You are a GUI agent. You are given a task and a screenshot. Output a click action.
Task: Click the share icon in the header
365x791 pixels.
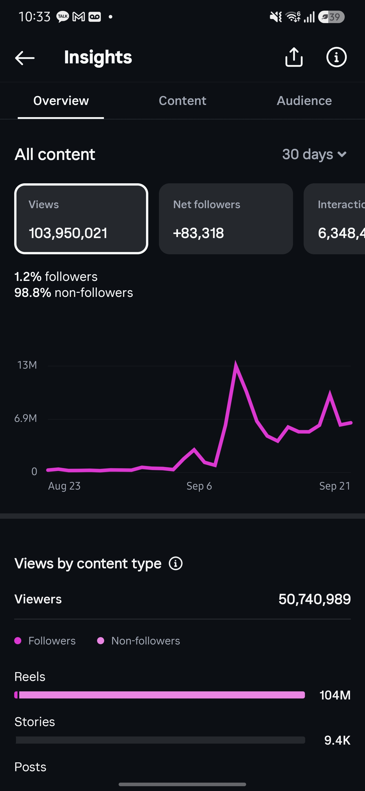pyautogui.click(x=294, y=57)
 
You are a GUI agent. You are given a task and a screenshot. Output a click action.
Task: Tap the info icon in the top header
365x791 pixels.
pyautogui.click(x=336, y=57)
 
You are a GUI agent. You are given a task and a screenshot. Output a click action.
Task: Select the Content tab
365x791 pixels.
pyautogui.click(x=182, y=101)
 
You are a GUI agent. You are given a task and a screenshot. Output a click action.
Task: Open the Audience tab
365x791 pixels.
pyautogui.click(x=304, y=101)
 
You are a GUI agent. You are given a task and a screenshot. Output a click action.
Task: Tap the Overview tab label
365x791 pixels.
pyautogui.click(x=61, y=101)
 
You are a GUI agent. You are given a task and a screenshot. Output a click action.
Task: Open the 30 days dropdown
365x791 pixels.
pyautogui.click(x=314, y=154)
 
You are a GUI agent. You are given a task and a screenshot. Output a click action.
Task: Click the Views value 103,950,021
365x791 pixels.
pyautogui.click(x=68, y=233)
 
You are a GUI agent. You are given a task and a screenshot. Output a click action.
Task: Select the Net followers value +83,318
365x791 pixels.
pyautogui.click(x=198, y=233)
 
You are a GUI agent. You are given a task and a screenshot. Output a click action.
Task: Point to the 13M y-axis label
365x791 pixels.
pyautogui.click(x=27, y=365)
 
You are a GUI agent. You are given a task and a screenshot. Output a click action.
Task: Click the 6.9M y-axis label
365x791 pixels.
pyautogui.click(x=26, y=418)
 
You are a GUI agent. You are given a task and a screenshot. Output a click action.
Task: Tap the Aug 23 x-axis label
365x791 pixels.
pyautogui.click(x=64, y=486)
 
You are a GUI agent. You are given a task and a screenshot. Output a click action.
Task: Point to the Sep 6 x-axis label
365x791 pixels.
pyautogui.click(x=199, y=486)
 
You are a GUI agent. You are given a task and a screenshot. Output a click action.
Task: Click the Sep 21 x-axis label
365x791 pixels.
pyautogui.click(x=335, y=486)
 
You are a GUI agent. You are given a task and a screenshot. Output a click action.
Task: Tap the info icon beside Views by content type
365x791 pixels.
pyautogui.click(x=176, y=564)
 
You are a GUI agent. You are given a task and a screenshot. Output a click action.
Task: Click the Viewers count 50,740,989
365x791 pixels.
pyautogui.click(x=314, y=599)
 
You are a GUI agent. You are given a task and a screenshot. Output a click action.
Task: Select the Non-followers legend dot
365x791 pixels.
pyautogui.click(x=101, y=641)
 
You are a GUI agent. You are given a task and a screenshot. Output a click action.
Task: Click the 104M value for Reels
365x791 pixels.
pyautogui.click(x=335, y=695)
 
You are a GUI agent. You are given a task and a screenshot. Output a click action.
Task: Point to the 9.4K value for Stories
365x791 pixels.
pyautogui.click(x=337, y=740)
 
